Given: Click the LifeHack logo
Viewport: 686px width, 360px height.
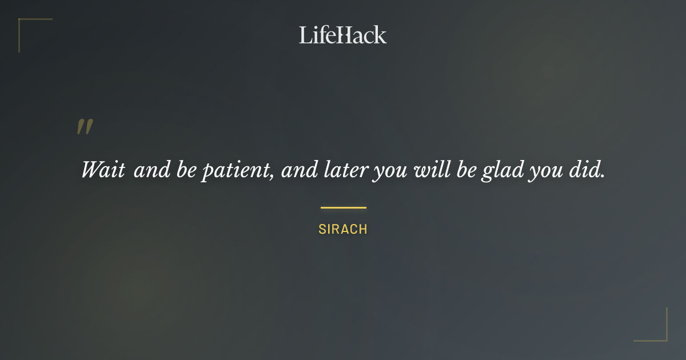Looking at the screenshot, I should click(342, 35).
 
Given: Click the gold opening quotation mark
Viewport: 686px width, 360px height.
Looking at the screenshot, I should click(85, 127).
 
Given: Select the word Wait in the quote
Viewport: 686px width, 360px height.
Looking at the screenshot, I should click(103, 170).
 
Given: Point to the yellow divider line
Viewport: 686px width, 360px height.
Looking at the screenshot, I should click(343, 207).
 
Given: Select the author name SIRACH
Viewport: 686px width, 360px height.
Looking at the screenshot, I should click(343, 229).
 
